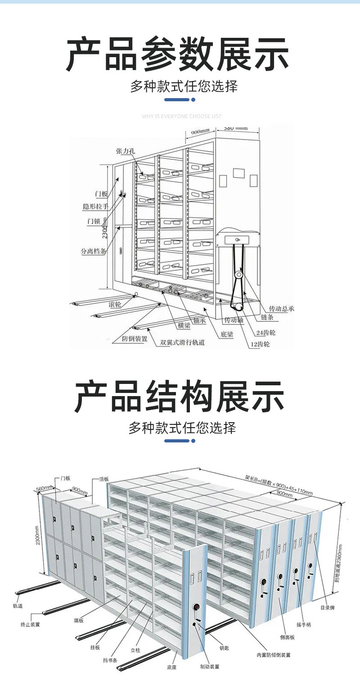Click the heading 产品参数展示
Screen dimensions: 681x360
(x=178, y=55)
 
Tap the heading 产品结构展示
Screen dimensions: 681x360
(x=179, y=397)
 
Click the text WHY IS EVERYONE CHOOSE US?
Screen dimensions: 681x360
(x=181, y=117)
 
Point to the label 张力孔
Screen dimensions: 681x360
(x=125, y=151)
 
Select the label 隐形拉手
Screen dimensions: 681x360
(x=95, y=207)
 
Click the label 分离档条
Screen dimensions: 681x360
(x=94, y=251)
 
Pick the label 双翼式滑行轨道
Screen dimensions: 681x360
(x=183, y=342)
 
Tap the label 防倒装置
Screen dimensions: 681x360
(x=135, y=339)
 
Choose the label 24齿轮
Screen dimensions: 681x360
(x=266, y=333)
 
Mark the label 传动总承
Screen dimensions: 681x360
(x=281, y=308)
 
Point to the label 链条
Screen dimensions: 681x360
(x=267, y=317)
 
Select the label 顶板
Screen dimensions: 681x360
(x=104, y=479)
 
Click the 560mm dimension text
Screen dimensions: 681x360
(x=45, y=489)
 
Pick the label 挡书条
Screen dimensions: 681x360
(x=110, y=660)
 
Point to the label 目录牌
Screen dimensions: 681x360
(x=328, y=607)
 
